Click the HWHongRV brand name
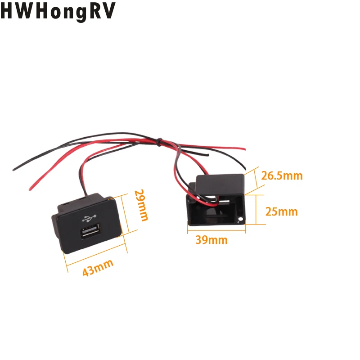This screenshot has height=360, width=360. click(58, 10)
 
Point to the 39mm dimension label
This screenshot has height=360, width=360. click(211, 240)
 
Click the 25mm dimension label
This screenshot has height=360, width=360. click(281, 211)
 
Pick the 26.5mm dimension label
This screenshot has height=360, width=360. click(282, 175)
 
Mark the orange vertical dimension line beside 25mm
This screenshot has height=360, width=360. click(256, 210)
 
